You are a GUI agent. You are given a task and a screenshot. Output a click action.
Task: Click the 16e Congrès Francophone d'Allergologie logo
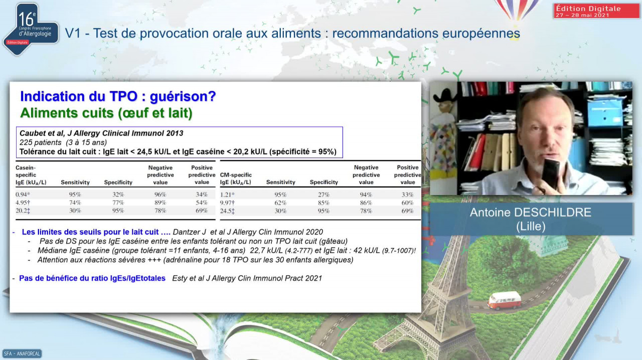click(31, 29)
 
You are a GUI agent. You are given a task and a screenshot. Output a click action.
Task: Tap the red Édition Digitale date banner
click(596, 11)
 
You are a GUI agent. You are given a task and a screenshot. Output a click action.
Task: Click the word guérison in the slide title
click(183, 96)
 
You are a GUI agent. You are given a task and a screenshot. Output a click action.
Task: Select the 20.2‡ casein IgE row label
click(23, 211)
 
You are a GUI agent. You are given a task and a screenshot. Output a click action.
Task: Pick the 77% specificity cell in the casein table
click(118, 203)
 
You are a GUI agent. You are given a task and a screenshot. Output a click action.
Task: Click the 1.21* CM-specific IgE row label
click(227, 195)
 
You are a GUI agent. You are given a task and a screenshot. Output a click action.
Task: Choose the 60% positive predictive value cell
click(407, 203)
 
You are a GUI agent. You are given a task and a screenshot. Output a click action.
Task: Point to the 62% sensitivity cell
click(280, 203)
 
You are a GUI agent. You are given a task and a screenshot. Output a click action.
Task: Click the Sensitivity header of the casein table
click(75, 183)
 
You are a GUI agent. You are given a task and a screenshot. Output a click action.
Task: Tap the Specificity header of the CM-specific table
click(324, 182)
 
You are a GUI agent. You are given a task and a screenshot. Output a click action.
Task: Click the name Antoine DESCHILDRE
click(531, 213)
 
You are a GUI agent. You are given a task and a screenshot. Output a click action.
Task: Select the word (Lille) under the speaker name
click(531, 227)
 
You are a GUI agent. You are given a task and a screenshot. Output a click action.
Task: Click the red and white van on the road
click(504, 300)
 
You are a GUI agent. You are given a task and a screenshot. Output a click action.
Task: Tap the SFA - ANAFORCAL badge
click(22, 353)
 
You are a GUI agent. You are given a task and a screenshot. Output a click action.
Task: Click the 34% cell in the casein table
click(202, 195)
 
